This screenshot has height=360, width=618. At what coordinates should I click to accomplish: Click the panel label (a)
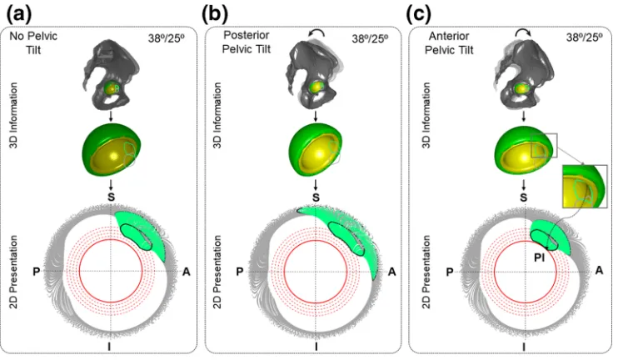[19, 14]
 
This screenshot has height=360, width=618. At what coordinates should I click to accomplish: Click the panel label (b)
[215, 14]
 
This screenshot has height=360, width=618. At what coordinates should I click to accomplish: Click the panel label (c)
[419, 14]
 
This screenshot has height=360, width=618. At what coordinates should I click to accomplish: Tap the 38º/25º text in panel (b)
[370, 38]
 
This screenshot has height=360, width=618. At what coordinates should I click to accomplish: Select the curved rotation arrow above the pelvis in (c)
[523, 32]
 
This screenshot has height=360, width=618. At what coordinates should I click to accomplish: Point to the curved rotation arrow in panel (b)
[316, 32]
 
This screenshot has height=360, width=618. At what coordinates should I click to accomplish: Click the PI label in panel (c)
[539, 258]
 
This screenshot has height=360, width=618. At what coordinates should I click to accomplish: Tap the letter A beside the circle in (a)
[186, 272]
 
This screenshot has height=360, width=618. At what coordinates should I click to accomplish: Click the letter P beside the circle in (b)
[240, 272]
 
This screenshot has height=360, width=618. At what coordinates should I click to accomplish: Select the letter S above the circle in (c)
[523, 197]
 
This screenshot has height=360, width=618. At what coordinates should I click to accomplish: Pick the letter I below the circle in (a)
[109, 347]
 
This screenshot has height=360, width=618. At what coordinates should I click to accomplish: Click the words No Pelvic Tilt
[33, 42]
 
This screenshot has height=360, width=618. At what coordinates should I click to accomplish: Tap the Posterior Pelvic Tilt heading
[247, 42]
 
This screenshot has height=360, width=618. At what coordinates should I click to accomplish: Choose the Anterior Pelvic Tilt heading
[449, 42]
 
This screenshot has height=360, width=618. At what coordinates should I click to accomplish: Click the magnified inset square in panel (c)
[585, 186]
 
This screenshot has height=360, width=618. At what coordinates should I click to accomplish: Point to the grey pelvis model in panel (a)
[110, 75]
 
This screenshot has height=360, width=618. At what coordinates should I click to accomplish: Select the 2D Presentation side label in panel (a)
[14, 272]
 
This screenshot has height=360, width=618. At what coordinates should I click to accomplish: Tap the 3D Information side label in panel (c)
[426, 115]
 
